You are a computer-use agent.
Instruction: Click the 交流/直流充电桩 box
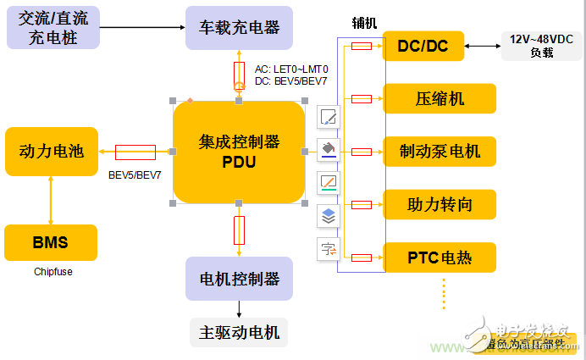tap(52, 27)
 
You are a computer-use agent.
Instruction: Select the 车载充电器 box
tap(239, 27)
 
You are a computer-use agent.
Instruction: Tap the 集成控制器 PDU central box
tap(239, 152)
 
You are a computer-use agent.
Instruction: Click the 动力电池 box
tap(52, 152)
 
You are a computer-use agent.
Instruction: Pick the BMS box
tap(51, 243)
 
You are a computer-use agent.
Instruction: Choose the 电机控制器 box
tap(239, 278)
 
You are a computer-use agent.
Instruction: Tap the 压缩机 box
tap(439, 99)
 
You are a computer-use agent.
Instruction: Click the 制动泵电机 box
tap(439, 152)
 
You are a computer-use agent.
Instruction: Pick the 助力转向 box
tap(439, 204)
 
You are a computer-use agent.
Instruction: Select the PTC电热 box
tap(439, 258)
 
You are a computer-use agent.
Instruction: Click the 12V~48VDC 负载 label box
tap(542, 46)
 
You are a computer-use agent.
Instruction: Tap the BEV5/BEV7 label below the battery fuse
tap(135, 175)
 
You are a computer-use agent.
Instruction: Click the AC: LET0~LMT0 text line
tap(291, 69)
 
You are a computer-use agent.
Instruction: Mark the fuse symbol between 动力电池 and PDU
tap(135, 152)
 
